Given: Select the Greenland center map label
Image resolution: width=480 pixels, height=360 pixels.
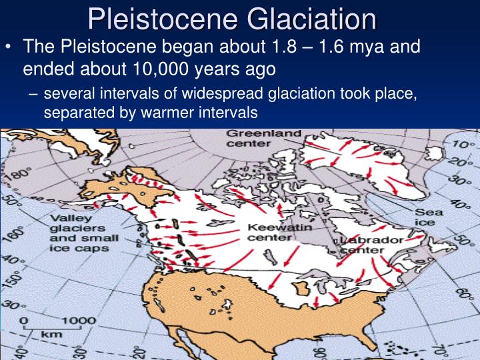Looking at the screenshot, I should (255, 139).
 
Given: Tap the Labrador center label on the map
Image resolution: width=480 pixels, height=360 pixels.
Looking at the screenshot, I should (372, 245).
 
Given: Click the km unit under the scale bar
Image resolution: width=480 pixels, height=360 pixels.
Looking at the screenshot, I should (48, 333).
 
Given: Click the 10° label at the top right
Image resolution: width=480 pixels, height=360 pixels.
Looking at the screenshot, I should (459, 144).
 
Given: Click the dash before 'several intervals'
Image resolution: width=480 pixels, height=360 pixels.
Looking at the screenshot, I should (33, 95).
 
